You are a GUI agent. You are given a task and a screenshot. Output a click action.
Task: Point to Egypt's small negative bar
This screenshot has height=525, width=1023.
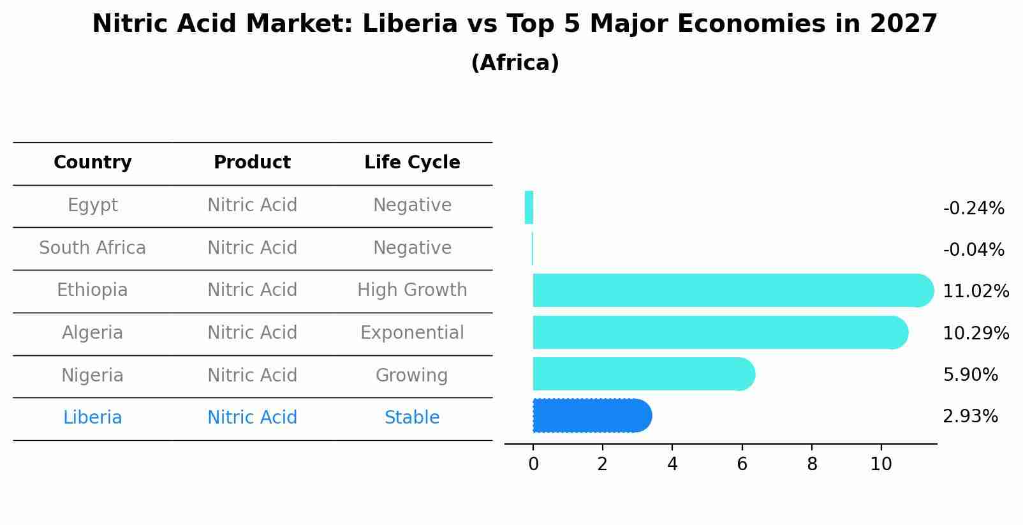529,207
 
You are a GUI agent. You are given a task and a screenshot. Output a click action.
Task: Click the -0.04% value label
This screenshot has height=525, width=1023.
973,249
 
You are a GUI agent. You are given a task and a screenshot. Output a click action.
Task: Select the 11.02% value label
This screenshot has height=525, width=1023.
975,292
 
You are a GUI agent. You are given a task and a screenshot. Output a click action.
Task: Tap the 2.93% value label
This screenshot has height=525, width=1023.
970,417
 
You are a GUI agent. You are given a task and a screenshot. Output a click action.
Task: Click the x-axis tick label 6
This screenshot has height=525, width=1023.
742,464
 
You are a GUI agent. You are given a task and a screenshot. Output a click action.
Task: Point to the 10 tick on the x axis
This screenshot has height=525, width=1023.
881,464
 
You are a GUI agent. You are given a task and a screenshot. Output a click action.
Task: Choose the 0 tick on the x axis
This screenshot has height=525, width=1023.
533,464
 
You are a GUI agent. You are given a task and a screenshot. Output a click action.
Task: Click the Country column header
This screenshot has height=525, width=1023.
92,163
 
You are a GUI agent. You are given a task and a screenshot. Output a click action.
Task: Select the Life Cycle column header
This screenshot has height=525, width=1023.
412,163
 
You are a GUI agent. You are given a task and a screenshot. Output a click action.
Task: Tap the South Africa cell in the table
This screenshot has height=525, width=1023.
92,248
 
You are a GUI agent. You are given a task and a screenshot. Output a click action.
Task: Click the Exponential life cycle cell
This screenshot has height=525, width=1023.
412,333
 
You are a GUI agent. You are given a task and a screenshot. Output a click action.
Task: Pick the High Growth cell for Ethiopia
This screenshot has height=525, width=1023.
412,290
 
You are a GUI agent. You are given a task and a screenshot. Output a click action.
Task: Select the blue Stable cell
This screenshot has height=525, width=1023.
412,418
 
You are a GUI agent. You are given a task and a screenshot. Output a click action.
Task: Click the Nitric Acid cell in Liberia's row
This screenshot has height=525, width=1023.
252,418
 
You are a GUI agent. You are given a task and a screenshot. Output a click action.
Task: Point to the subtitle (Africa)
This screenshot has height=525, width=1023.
515,63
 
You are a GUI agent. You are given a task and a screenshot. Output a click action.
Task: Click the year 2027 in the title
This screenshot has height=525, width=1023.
903,24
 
